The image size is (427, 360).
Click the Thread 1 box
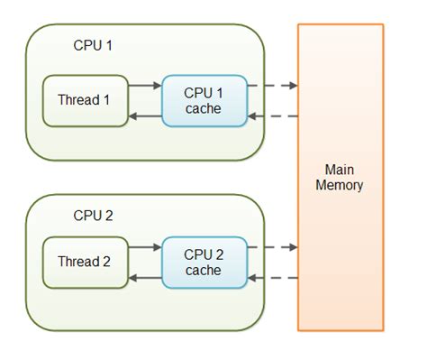tap(84, 99)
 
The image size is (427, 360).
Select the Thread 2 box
tap(84, 262)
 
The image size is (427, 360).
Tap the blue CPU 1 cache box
tap(204, 100)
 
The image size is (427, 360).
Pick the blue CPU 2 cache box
tap(204, 263)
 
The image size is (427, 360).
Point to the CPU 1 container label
tap(95, 44)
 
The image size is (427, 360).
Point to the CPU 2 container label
tap(95, 216)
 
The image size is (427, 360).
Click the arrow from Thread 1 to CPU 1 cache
tap(144, 86)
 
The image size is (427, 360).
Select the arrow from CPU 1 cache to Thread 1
tap(144, 115)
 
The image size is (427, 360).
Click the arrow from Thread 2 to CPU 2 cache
tap(144, 247)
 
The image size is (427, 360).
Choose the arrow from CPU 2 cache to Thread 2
tap(144, 278)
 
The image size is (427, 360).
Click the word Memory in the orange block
tap(340, 186)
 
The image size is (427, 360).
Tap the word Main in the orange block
tap(340, 170)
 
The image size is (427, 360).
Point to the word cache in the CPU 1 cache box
tap(204, 108)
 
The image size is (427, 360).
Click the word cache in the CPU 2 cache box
tap(204, 271)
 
